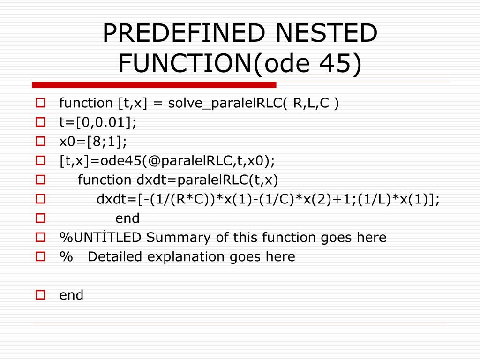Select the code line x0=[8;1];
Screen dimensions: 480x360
coord(93,141)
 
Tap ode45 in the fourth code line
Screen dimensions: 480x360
coord(128,161)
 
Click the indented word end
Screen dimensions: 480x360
coord(127,218)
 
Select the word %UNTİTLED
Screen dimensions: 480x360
coord(100,238)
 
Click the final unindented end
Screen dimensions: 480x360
coord(71,295)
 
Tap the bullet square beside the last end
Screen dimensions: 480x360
coord(40,295)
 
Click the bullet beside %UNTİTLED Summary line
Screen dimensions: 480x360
coord(40,237)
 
